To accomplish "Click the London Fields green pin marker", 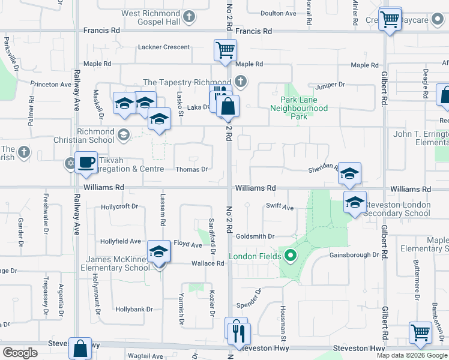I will click(291, 257).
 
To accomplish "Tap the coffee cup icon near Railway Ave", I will click(86, 162).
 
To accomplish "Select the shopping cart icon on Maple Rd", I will click(225, 50).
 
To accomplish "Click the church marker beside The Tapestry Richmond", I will click(241, 81).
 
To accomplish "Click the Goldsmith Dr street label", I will click(255, 236).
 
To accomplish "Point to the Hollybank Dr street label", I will click(134, 310).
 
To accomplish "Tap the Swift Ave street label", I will click(280, 207).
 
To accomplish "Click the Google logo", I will click(20, 353).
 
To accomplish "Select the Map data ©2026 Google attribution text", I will click(412, 355).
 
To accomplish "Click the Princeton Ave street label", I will click(50, 85).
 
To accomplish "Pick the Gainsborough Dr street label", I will click(354, 255).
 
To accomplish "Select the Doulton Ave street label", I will click(279, 13).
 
